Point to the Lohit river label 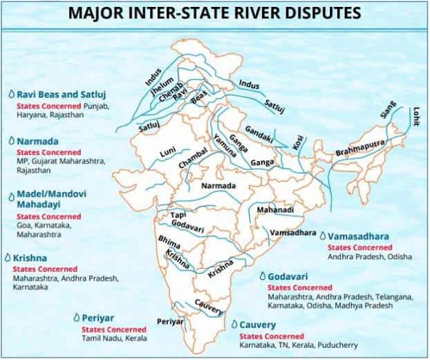click(415, 113)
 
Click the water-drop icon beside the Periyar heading click(75, 318)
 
